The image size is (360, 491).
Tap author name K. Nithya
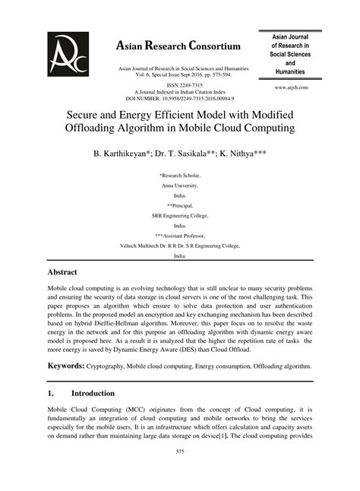pos(244,153)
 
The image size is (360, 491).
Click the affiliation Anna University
pos(180,185)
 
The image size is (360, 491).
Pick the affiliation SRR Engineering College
pos(180,215)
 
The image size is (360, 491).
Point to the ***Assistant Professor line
pos(180,236)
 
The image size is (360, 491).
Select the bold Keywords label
pos(66,365)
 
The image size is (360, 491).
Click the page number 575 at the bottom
pos(180,473)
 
